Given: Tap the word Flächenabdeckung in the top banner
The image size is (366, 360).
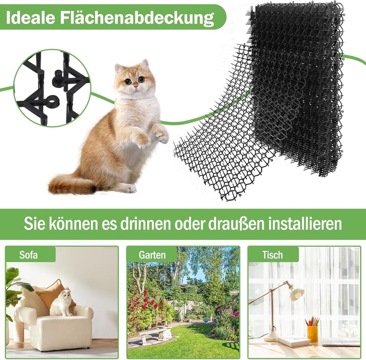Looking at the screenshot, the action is (137, 18).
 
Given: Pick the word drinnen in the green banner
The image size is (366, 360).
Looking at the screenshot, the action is (145, 224).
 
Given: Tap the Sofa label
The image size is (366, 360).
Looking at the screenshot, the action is (28, 255).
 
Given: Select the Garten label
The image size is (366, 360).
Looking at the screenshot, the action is (152, 255).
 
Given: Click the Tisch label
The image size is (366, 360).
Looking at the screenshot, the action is (272, 255).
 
